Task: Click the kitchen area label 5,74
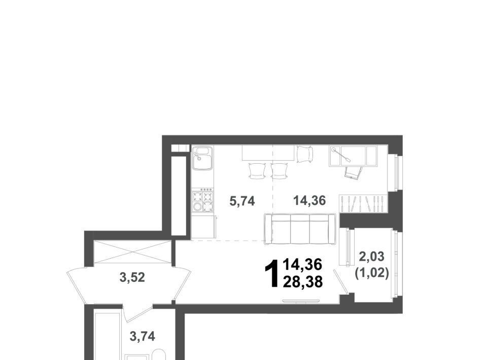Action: coord(242,201)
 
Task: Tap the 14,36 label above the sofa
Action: coord(309,201)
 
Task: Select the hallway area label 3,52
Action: coord(132,277)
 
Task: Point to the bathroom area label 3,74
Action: coord(142,336)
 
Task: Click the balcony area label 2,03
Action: coord(371,257)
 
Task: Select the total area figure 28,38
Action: coord(302,282)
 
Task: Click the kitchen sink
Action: coord(202,158)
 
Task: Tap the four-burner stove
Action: coord(202,201)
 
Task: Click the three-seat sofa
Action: coord(300,229)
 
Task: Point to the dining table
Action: coord(268,153)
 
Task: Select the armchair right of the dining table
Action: coord(305,154)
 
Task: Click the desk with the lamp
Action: coord(353,156)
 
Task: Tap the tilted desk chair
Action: coord(353,171)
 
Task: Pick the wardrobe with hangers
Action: coord(363,204)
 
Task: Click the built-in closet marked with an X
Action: coord(132,251)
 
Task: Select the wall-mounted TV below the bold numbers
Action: coord(301,301)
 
